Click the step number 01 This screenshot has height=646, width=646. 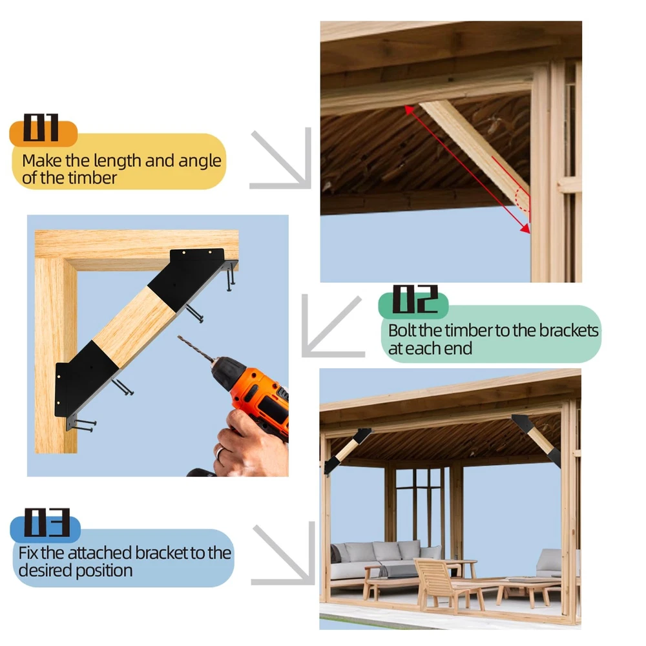41,127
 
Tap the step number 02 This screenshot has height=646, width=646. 415,299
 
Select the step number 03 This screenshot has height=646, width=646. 47,523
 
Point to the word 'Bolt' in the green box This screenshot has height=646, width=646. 402,330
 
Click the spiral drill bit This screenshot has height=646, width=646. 196,349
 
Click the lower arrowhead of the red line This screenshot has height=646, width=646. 526,229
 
